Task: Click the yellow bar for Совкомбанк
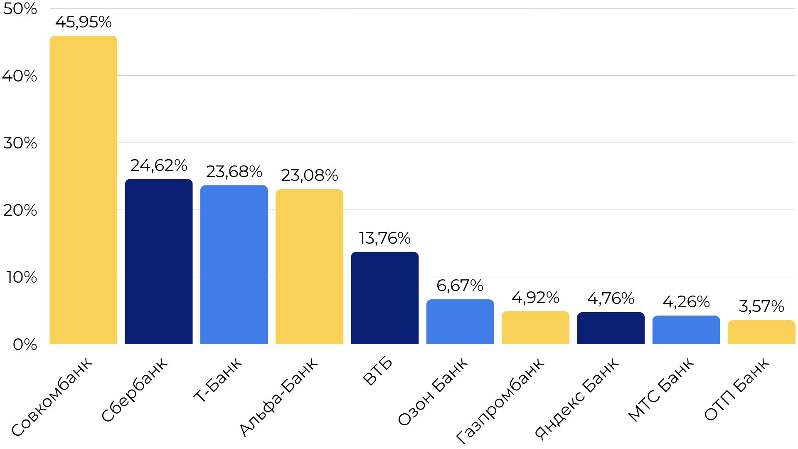(x=83, y=190)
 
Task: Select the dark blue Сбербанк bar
(x=159, y=262)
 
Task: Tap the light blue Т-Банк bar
(x=234, y=264)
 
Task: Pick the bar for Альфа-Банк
(x=309, y=266)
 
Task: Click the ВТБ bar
(x=384, y=298)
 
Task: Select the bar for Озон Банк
(x=460, y=321)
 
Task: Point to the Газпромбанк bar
(x=535, y=327)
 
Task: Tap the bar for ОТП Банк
(x=761, y=332)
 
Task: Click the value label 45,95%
(x=83, y=22)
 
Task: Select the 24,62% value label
(x=159, y=165)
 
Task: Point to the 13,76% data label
(x=384, y=238)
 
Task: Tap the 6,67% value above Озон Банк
(x=460, y=286)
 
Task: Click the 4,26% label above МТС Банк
(x=686, y=302)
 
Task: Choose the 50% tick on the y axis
(x=20, y=9)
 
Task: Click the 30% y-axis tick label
(x=20, y=143)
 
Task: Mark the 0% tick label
(x=25, y=344)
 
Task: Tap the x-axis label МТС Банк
(x=661, y=389)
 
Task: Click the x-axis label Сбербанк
(x=135, y=389)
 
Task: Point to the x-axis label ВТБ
(x=377, y=371)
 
